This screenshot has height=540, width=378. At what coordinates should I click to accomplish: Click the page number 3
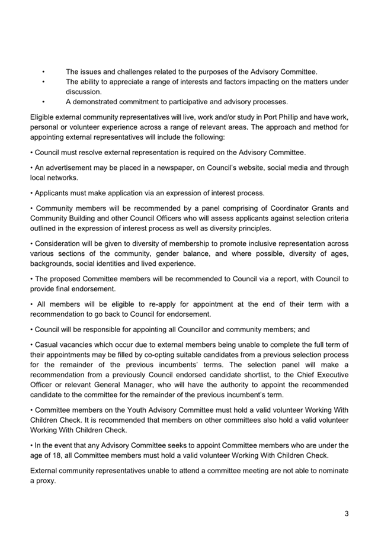346,513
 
